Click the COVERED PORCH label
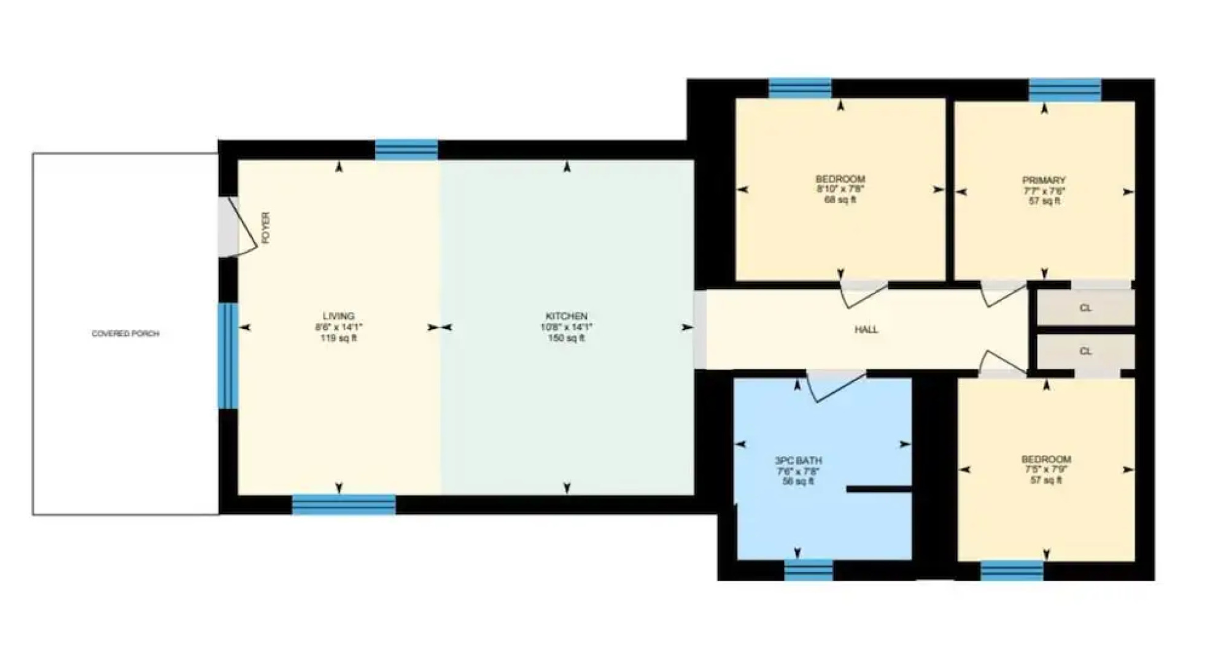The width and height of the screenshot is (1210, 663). click(125, 334)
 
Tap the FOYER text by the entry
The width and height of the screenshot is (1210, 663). click(266, 228)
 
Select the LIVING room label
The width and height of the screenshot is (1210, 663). click(338, 316)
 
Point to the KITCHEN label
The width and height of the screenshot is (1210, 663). click(566, 316)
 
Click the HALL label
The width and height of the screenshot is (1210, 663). click(866, 330)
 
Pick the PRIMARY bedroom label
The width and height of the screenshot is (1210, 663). click(1044, 180)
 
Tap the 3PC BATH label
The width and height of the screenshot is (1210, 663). click(798, 460)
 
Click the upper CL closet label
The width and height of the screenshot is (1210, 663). click(1085, 308)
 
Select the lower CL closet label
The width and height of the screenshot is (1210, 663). click(1085, 352)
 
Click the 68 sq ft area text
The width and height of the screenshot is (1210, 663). click(840, 200)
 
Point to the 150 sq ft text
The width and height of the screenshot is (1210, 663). click(566, 338)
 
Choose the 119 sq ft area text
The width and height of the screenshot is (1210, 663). click(338, 338)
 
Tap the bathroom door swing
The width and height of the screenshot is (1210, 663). click(835, 387)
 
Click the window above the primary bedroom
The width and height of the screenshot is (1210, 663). click(1065, 90)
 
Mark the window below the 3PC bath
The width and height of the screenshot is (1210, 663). click(809, 570)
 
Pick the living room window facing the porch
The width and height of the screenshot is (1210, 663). click(228, 355)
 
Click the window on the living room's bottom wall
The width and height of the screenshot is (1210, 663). click(343, 505)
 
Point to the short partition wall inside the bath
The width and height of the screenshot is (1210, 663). click(878, 489)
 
